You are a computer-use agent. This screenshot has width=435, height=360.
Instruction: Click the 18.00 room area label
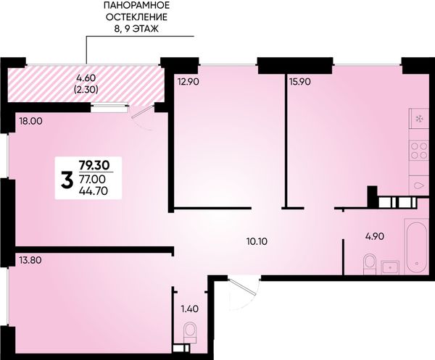point(30,121)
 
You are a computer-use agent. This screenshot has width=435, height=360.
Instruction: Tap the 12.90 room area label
point(188,82)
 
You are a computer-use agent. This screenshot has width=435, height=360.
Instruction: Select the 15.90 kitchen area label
point(299,82)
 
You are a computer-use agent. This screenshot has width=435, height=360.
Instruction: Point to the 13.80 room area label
point(30,260)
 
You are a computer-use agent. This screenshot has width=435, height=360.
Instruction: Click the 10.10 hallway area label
point(257,242)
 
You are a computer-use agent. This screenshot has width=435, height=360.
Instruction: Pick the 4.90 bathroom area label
point(374,236)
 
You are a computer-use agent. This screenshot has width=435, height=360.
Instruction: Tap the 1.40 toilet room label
point(190,308)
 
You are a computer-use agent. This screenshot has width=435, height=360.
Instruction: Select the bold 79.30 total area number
point(94,165)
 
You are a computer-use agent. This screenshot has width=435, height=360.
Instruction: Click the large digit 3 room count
point(67,180)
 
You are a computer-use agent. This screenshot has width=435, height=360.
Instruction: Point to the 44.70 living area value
point(94,191)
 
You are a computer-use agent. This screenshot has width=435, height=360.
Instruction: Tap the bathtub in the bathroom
point(417,246)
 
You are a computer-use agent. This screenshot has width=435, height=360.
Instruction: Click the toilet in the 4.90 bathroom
point(369,264)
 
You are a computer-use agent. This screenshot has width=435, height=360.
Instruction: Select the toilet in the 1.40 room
point(190,332)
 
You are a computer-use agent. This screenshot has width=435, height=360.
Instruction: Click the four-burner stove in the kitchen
point(419,150)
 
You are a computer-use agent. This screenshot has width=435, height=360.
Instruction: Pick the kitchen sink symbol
point(419,186)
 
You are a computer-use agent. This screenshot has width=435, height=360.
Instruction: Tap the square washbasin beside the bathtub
point(390,268)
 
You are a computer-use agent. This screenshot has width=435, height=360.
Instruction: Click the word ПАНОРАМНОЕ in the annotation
point(136,5)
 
